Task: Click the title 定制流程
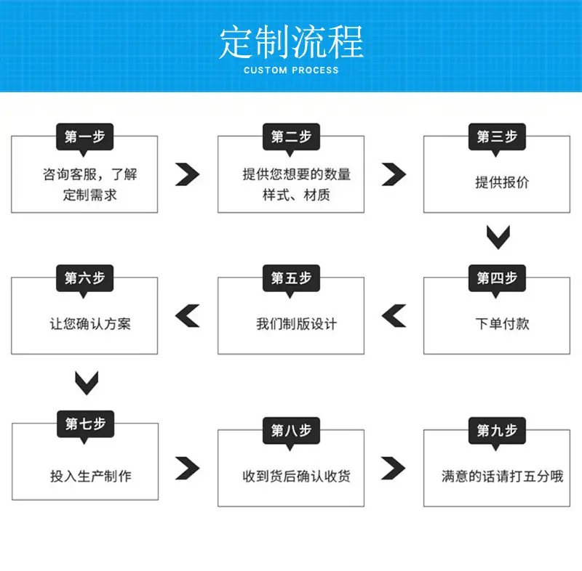[x=291, y=42]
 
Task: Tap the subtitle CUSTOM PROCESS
[x=291, y=70]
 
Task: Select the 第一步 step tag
[x=84, y=137]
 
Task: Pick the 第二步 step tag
[x=291, y=137]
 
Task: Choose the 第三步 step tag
[x=497, y=137]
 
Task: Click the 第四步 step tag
[x=497, y=278]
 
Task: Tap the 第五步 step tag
[x=291, y=278]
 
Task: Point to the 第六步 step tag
[x=84, y=278]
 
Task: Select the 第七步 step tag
[x=85, y=424]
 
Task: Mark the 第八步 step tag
[x=291, y=431]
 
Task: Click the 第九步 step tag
[x=497, y=431]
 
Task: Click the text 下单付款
[x=502, y=324]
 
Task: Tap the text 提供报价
[x=502, y=182]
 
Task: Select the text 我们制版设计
[x=297, y=324]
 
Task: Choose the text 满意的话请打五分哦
[x=502, y=476]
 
